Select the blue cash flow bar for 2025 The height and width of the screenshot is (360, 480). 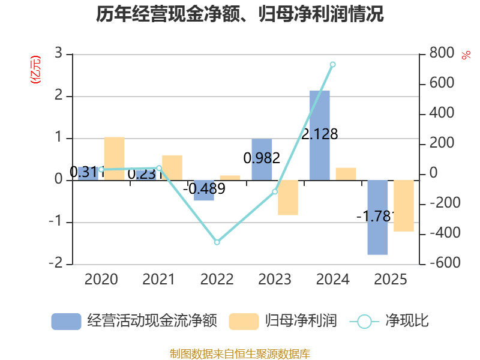[377, 217]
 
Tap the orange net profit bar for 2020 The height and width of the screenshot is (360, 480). [114, 158]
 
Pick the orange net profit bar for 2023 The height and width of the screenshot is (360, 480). [288, 197]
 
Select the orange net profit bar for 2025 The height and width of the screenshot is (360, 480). [404, 205]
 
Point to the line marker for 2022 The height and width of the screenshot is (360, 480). [217, 242]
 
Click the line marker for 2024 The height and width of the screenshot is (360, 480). [332, 64]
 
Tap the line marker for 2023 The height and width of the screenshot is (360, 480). [275, 192]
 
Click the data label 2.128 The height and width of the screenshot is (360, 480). [320, 134]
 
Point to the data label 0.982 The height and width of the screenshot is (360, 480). [262, 158]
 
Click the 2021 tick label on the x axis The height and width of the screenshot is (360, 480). [158, 279]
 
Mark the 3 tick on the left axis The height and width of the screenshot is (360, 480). [58, 53]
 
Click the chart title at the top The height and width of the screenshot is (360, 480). [240, 14]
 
